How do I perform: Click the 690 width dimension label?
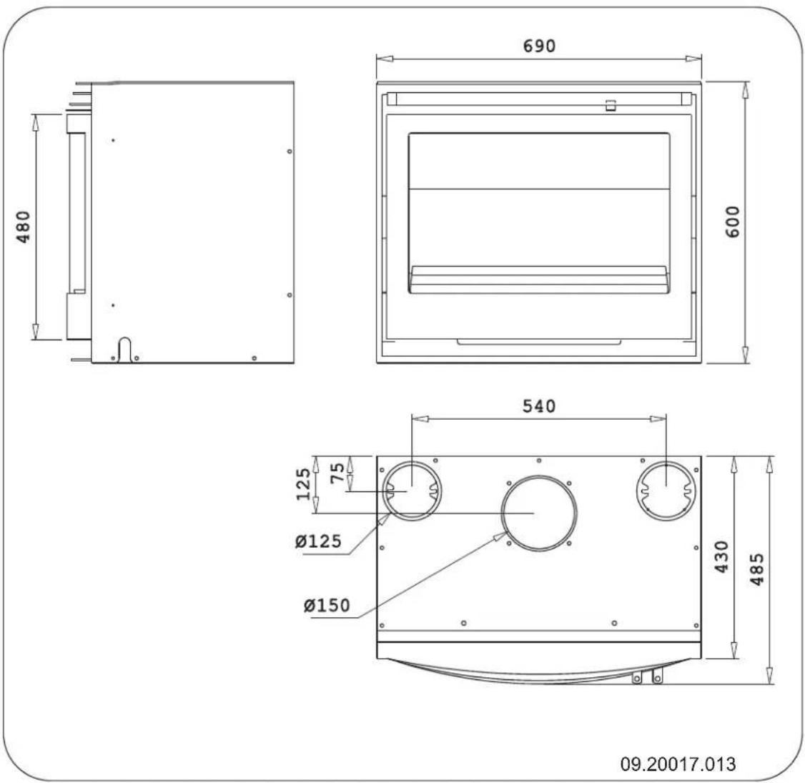[538, 46]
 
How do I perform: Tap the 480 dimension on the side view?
[24, 226]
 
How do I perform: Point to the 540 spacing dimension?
[538, 406]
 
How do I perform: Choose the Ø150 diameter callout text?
[326, 606]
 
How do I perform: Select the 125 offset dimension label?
[305, 483]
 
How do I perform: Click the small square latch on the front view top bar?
[610, 106]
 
